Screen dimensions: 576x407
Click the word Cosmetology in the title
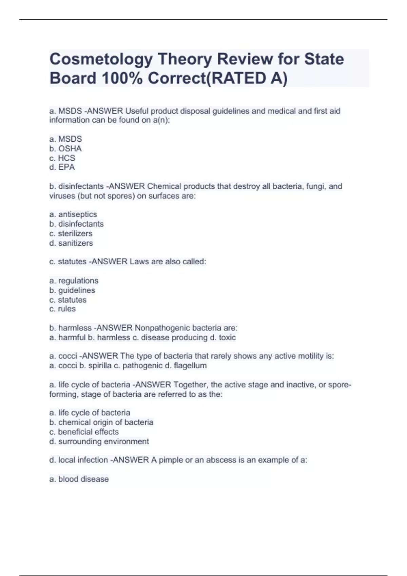click(x=101, y=60)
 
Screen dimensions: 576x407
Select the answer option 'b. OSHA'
click(x=65, y=148)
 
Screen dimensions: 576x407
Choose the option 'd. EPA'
click(x=62, y=167)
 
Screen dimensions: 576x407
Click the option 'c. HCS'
click(x=62, y=158)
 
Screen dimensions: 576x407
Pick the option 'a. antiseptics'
click(x=73, y=214)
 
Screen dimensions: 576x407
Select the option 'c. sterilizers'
click(x=71, y=233)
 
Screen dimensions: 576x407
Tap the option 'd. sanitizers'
click(x=71, y=243)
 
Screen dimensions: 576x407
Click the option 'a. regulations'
click(x=74, y=281)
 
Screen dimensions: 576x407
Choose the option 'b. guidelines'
click(x=72, y=290)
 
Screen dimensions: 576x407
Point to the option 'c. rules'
click(x=62, y=309)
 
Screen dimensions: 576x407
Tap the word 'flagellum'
click(x=190, y=366)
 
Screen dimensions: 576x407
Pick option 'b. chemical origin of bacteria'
click(x=101, y=422)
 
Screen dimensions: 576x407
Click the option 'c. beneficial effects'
click(x=84, y=432)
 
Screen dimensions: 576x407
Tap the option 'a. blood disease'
click(x=79, y=479)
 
